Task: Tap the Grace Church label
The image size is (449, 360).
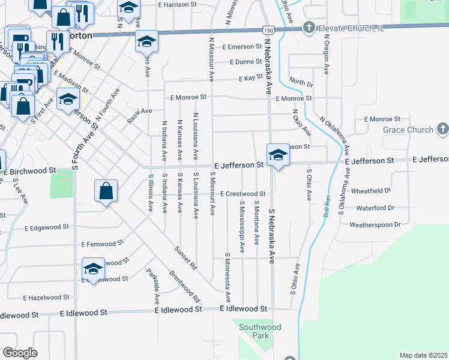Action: (x=408, y=130)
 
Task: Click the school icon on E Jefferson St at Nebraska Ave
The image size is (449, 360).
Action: (x=277, y=156)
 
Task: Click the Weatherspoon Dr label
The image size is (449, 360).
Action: (x=375, y=224)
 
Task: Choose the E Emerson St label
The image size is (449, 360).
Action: (x=240, y=47)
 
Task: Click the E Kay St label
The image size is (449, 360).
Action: (x=251, y=78)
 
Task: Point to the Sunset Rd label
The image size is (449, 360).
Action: (x=185, y=256)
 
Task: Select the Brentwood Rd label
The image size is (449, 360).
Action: (x=184, y=289)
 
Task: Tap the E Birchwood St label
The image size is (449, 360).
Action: (x=29, y=172)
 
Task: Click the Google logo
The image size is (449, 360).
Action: (x=20, y=353)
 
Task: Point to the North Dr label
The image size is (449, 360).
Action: (x=301, y=82)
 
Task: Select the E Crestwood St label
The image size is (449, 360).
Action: (x=243, y=194)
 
